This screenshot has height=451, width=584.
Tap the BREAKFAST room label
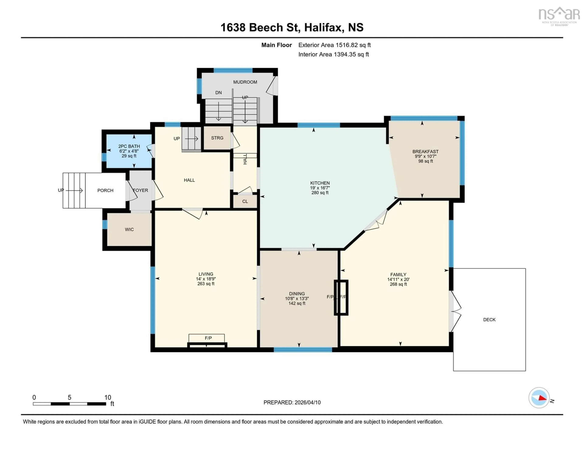click(x=425, y=151)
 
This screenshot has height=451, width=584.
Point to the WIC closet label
click(x=129, y=229)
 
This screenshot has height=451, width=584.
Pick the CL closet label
click(x=245, y=201)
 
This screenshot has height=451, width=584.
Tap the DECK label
click(x=489, y=319)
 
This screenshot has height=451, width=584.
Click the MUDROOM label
click(x=245, y=82)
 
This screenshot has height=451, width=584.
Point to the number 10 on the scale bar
click(x=108, y=397)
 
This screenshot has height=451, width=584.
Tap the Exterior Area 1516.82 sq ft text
click(x=334, y=45)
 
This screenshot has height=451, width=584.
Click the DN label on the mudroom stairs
click(x=218, y=92)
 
